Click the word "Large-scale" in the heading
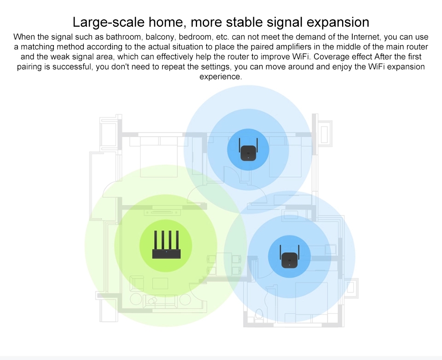click(x=109, y=22)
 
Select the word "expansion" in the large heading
click(x=337, y=23)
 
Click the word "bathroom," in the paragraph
click(x=123, y=37)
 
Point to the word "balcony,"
click(x=160, y=37)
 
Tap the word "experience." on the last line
click(x=221, y=77)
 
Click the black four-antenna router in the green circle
click(x=166, y=245)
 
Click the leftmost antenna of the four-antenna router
click(x=155, y=240)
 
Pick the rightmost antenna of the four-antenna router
click(x=177, y=240)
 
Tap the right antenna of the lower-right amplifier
click(x=298, y=252)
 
